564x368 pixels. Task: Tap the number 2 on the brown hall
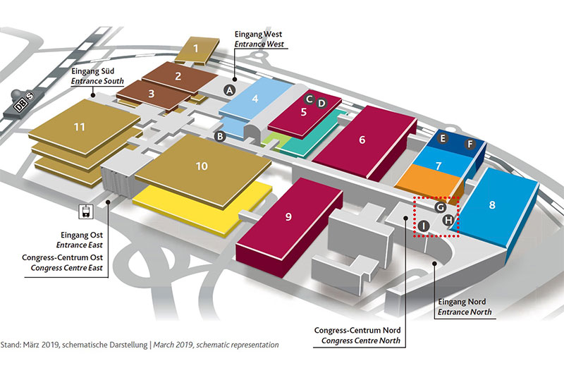pos(178,76)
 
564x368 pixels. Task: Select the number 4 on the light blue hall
pos(256,100)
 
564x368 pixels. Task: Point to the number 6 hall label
pos(362,139)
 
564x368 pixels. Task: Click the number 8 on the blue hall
pos(492,205)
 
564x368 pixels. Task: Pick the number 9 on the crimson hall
pos(288,217)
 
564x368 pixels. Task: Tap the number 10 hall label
pos(202,166)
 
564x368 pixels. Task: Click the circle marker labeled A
pos(228,90)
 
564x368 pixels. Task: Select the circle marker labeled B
pos(220,136)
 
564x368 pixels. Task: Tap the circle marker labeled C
pos(309,99)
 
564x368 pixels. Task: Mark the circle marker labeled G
pos(439,207)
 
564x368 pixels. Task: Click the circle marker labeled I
pos(423,226)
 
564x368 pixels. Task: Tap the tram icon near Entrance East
pos(86,210)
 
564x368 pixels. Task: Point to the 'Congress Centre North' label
pos(360,341)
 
